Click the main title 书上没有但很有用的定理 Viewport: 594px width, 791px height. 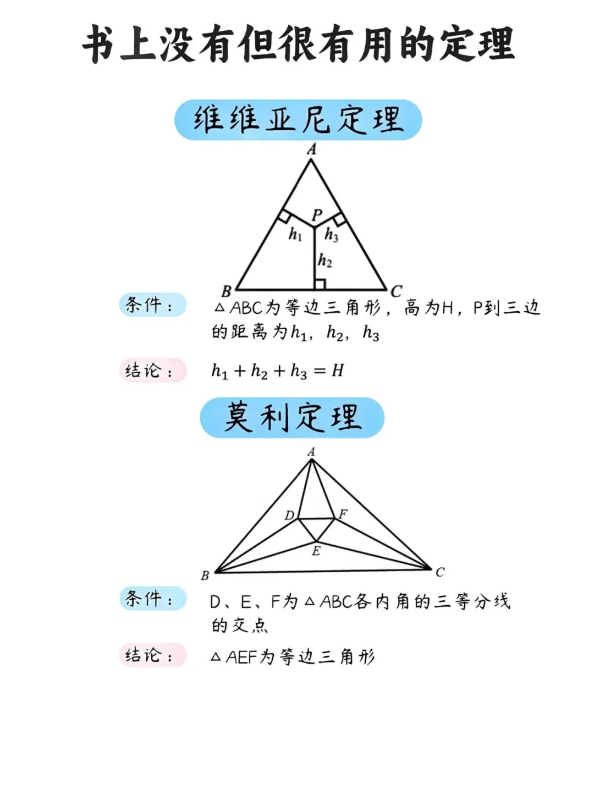tap(298, 45)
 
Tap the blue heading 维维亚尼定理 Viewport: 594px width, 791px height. tap(298, 120)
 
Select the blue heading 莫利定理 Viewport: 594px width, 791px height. tap(292, 418)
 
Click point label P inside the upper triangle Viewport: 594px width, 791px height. tap(317, 215)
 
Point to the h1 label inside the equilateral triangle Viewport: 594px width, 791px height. tap(295, 235)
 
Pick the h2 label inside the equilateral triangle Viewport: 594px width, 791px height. tap(325, 260)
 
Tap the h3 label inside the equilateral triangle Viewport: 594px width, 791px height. tap(331, 235)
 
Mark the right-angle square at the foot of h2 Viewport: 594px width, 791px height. tap(320, 284)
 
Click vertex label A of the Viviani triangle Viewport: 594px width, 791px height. tap(312, 149)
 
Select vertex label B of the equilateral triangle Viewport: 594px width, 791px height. tap(226, 291)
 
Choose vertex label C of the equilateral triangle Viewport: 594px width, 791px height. tap(396, 291)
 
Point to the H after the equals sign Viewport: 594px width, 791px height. tap(337, 371)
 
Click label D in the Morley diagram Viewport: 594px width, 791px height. tap(289, 516)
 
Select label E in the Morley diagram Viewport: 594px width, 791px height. tap(316, 551)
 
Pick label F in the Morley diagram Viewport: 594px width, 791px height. tap(343, 515)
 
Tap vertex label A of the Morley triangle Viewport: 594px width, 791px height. tap(311, 452)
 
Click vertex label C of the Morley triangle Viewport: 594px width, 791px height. tap(440, 572)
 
